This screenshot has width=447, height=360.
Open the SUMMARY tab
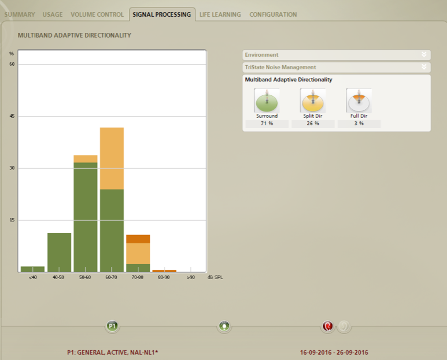[x=20, y=14]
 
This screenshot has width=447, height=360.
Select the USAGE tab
[x=53, y=14]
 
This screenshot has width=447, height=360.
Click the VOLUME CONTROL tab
[x=97, y=14]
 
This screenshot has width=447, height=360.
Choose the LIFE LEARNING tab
[x=220, y=14]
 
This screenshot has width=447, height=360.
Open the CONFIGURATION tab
[x=273, y=14]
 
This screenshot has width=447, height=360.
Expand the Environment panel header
[x=337, y=55]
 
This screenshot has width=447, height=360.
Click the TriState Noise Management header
[x=337, y=67]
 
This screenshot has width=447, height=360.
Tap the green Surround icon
[x=267, y=101]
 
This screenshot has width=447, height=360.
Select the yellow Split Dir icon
[x=313, y=101]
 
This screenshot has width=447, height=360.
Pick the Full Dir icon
[x=359, y=101]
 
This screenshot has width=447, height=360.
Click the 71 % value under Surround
[x=267, y=123]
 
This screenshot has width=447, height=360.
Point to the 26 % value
[x=313, y=123]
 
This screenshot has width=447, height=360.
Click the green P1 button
[x=112, y=326]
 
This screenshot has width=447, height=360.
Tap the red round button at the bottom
[x=327, y=326]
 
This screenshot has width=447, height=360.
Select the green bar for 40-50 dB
[x=60, y=253]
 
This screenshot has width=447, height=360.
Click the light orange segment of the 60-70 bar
[x=112, y=158]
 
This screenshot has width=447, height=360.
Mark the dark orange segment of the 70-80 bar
[x=138, y=239]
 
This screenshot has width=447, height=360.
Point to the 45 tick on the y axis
[x=12, y=116]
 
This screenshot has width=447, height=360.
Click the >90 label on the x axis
[x=191, y=277]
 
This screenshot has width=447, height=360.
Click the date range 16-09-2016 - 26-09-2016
[x=334, y=352]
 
